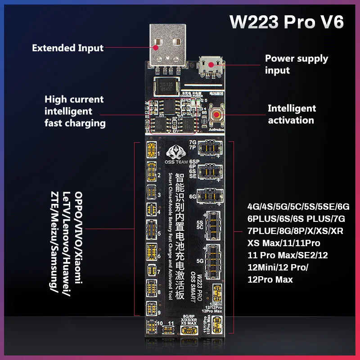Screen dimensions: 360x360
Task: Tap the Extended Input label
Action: (x=67, y=48)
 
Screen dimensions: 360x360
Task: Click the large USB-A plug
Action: (x=167, y=45)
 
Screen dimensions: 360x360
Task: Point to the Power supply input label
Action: (x=297, y=64)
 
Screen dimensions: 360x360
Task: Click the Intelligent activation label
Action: (x=292, y=114)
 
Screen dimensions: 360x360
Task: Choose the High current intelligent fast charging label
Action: (x=74, y=111)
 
